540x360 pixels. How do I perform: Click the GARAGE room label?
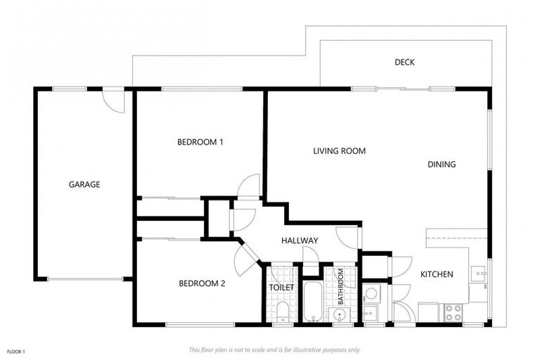click(x=84, y=185)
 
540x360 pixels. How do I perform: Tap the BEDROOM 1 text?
click(x=200, y=142)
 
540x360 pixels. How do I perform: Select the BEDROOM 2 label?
click(x=201, y=284)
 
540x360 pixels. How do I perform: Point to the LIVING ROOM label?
click(x=339, y=151)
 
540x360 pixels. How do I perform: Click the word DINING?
click(x=442, y=165)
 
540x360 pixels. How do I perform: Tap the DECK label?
click(x=404, y=63)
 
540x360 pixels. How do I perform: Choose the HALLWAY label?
click(x=300, y=240)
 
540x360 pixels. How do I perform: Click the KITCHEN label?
click(x=437, y=274)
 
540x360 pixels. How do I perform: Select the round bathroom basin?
click(x=340, y=315)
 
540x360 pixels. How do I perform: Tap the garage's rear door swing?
click(x=115, y=101)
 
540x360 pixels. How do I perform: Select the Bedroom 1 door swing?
click(x=250, y=186)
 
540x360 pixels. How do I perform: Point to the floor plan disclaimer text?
click(x=275, y=349)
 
